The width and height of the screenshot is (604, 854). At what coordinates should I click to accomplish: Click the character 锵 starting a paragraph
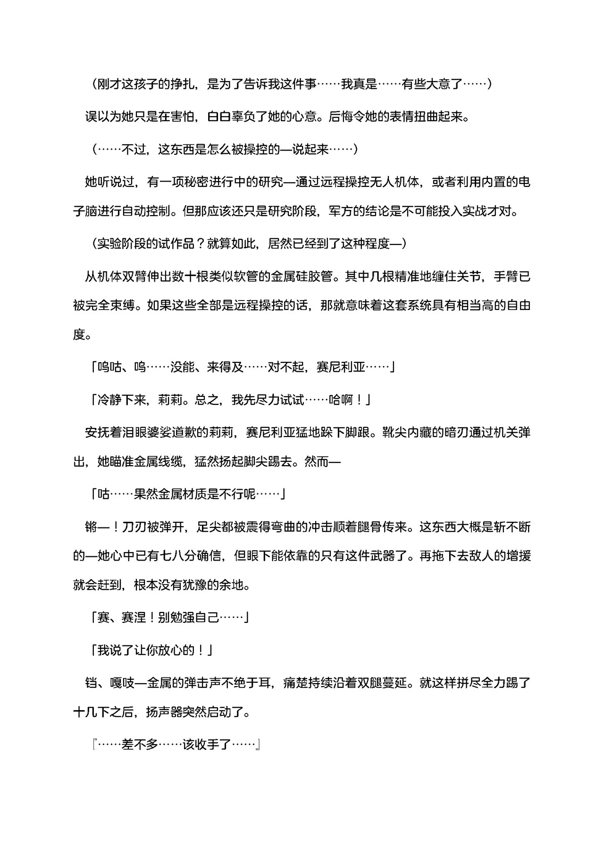[x=91, y=527]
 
